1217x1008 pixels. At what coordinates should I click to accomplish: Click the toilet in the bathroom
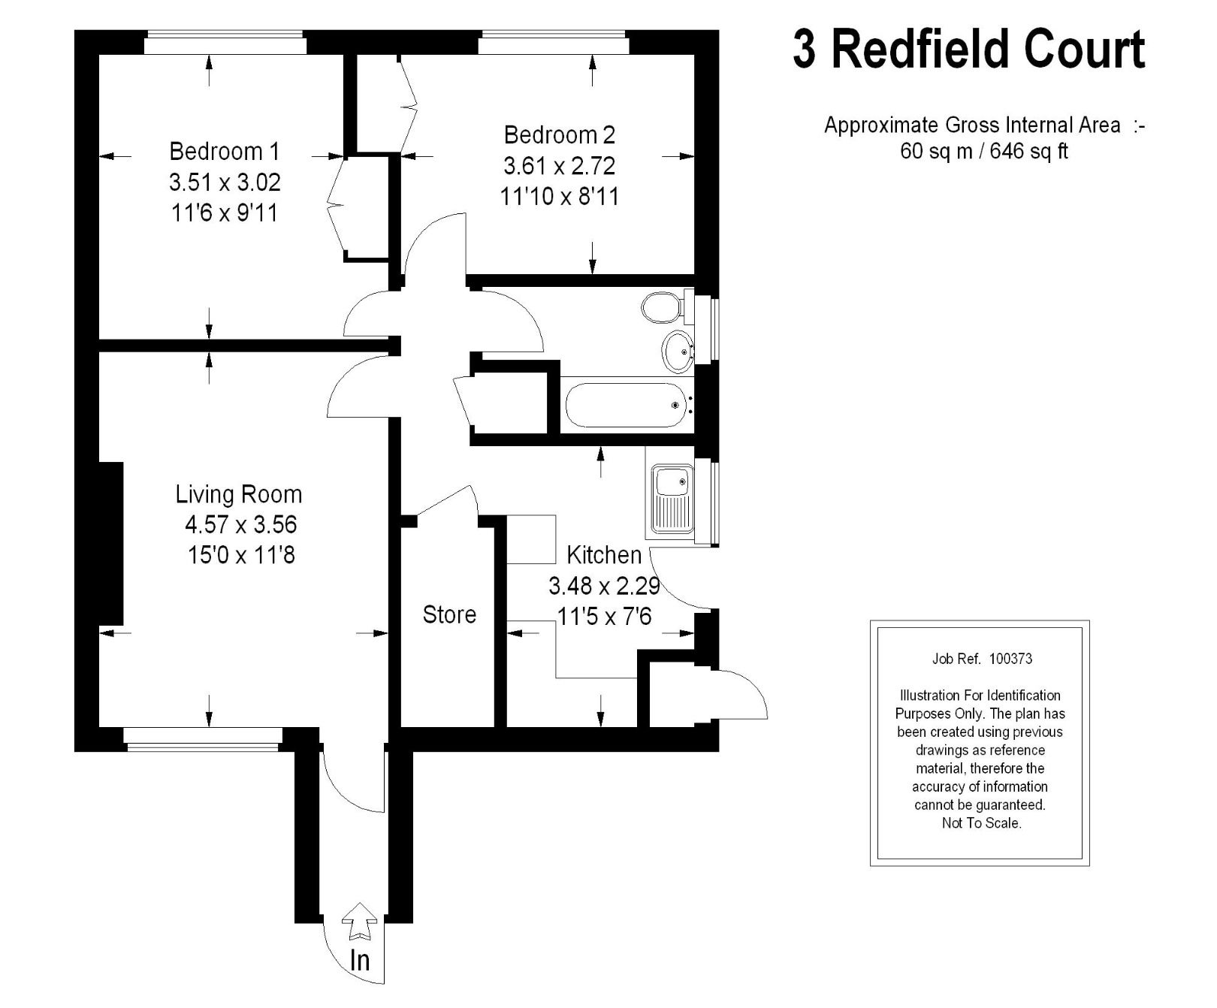pyautogui.click(x=660, y=306)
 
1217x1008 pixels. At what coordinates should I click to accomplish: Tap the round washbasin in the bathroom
pyautogui.click(x=678, y=351)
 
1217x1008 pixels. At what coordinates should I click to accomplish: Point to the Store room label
pyautogui.click(x=449, y=614)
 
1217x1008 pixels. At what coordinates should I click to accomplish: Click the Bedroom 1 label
pyautogui.click(x=224, y=151)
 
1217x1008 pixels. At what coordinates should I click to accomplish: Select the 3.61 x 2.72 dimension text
pyautogui.click(x=559, y=165)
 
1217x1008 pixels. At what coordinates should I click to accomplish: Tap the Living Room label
pyautogui.click(x=239, y=494)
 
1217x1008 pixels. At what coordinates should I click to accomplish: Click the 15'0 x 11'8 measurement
pyautogui.click(x=240, y=555)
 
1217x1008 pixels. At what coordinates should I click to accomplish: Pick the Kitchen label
pyautogui.click(x=604, y=555)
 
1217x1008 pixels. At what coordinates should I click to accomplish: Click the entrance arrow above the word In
pyautogui.click(x=360, y=921)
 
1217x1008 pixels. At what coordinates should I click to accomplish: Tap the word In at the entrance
pyautogui.click(x=360, y=960)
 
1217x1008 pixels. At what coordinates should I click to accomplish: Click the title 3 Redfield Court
pyautogui.click(x=968, y=50)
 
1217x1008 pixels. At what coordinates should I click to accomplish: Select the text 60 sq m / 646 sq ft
pyautogui.click(x=983, y=151)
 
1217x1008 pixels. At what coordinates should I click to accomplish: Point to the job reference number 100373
pyautogui.click(x=1010, y=659)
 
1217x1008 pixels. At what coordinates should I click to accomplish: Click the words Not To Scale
pyautogui.click(x=981, y=823)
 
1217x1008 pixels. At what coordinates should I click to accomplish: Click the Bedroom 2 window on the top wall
pyautogui.click(x=554, y=43)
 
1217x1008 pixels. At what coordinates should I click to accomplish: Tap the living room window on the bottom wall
pyautogui.click(x=204, y=740)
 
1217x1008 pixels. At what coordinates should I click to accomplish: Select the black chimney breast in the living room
pyautogui.click(x=111, y=543)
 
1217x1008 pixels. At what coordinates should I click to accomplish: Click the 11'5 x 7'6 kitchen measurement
pyautogui.click(x=604, y=617)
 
